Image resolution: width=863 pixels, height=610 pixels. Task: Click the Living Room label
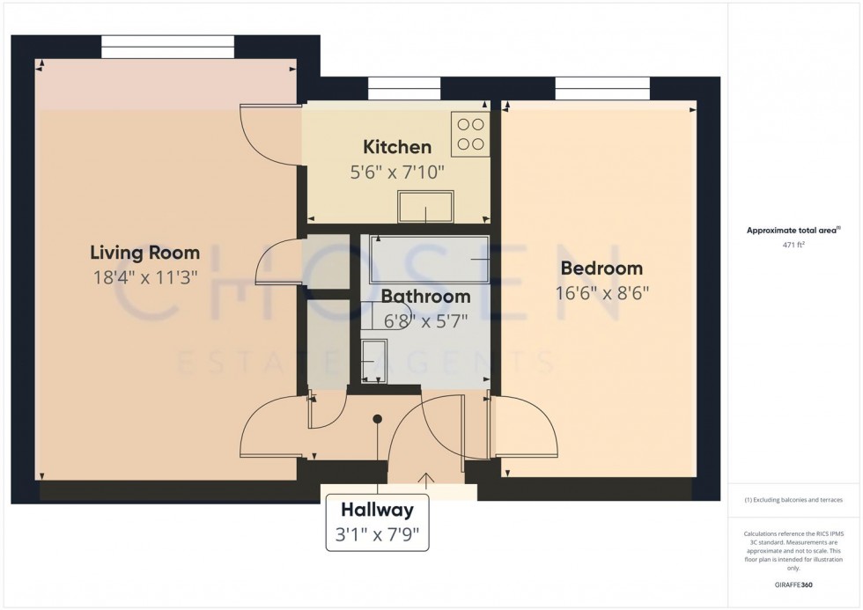tap(144, 253)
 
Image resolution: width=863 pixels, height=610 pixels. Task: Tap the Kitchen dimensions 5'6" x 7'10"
tap(397, 173)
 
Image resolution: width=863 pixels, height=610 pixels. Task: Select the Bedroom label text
tap(601, 268)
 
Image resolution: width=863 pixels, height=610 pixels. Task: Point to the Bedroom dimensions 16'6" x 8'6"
tap(601, 293)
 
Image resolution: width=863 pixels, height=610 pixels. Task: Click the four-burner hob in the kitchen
tap(470, 134)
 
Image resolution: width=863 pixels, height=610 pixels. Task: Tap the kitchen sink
tap(426, 206)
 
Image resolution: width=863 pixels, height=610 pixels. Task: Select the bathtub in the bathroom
tap(430, 259)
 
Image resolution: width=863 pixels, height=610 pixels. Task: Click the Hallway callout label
tap(378, 510)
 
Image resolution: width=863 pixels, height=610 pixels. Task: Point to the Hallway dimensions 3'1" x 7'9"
tap(378, 534)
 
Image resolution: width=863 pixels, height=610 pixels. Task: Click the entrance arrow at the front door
tap(426, 480)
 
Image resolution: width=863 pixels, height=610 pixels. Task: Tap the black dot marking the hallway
tap(378, 419)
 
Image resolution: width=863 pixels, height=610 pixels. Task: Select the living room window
tap(168, 47)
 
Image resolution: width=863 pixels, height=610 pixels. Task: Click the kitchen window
tap(404, 89)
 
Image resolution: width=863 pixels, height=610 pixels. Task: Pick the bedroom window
tap(602, 89)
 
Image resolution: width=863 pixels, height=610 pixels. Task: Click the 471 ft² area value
tap(793, 246)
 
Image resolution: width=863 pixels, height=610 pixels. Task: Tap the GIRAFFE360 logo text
tap(793, 584)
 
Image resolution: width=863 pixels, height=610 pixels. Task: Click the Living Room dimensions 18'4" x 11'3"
tap(144, 277)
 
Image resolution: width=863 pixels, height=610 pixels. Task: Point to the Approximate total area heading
tap(793, 231)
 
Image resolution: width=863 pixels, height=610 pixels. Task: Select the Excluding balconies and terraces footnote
tap(793, 500)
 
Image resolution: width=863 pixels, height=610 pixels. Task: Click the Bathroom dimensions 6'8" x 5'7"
tap(425, 321)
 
